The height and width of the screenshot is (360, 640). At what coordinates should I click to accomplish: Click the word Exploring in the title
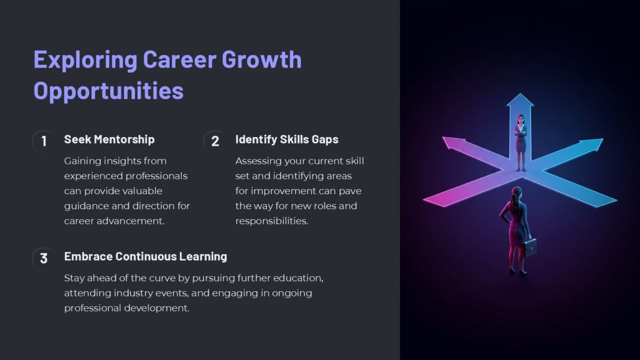(85, 60)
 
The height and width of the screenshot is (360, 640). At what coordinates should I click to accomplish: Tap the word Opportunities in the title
(109, 91)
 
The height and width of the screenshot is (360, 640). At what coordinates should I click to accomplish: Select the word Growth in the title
(261, 59)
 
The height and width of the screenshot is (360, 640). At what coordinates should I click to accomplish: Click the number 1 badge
(44, 141)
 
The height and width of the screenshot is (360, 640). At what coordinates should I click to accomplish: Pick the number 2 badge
(215, 141)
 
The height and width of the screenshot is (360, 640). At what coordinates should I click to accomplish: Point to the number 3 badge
(44, 258)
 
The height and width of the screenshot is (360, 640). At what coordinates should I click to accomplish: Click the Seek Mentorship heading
(109, 139)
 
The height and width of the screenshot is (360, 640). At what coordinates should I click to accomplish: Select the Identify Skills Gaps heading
(287, 140)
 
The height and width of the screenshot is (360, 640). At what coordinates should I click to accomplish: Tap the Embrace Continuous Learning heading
(146, 257)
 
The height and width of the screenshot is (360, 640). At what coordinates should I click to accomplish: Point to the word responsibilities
(271, 221)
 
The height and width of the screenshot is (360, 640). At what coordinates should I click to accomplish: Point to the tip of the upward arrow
(521, 93)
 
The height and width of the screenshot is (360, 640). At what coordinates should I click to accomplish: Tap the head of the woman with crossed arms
(521, 119)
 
